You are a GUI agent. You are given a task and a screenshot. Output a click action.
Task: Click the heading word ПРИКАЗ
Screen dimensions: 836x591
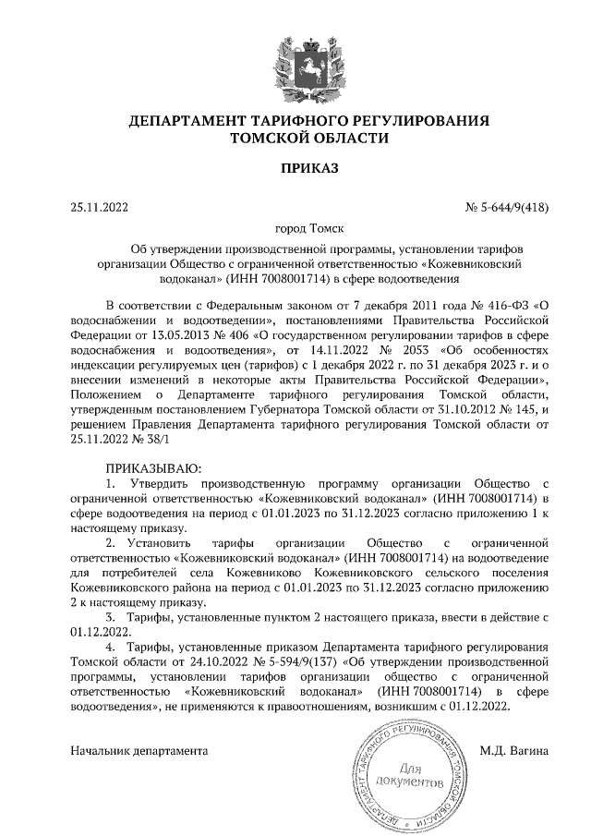click(295, 168)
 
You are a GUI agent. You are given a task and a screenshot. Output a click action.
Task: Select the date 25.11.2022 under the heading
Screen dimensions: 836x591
click(100, 207)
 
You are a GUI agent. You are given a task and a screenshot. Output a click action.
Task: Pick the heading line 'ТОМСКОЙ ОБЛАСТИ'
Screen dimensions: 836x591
click(295, 138)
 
